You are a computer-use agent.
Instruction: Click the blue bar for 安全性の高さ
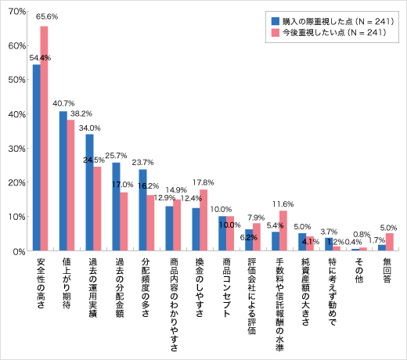coord(37,157)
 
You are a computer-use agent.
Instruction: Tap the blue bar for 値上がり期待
coord(63,181)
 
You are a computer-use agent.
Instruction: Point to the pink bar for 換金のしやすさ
coord(204,220)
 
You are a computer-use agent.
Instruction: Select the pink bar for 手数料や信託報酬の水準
coord(283,231)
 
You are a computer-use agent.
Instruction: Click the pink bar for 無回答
coord(390,242)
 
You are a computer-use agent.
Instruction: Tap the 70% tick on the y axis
coord(15,12)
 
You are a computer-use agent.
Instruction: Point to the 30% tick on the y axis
coord(15,149)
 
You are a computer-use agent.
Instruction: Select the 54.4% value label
coord(40,57)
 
